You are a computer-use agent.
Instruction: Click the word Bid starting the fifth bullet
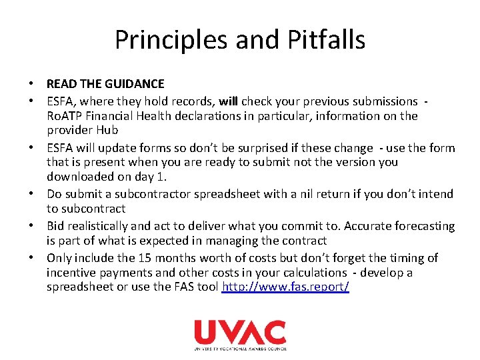(x=56, y=226)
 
